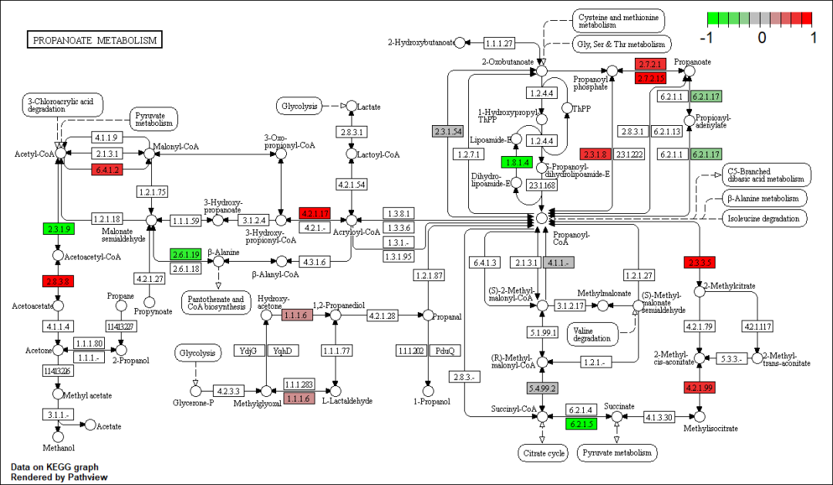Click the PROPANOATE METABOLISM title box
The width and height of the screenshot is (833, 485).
95,40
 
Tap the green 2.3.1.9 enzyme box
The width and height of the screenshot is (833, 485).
58,229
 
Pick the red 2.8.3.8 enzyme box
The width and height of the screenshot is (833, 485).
58,282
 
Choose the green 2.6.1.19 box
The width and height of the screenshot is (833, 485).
186,254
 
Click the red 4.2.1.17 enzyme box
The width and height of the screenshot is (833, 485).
315,213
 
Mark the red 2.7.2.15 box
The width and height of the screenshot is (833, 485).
650,78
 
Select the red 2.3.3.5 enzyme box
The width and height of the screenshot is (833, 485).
700,263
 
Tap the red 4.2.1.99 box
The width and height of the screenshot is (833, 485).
700,388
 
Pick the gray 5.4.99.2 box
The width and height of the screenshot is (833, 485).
542,388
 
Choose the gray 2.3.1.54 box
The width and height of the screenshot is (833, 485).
447,131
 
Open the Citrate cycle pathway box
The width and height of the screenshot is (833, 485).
542,453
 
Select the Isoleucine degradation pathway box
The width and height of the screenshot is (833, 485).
764,219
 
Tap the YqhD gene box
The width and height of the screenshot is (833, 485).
283,351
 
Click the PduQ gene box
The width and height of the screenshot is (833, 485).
446,351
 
